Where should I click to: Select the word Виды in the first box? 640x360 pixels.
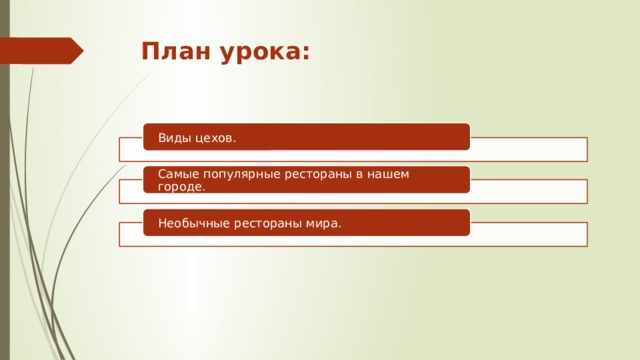(x=173, y=137)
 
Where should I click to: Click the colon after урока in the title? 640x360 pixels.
(x=304, y=52)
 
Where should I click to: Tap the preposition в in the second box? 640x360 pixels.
(x=378, y=174)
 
